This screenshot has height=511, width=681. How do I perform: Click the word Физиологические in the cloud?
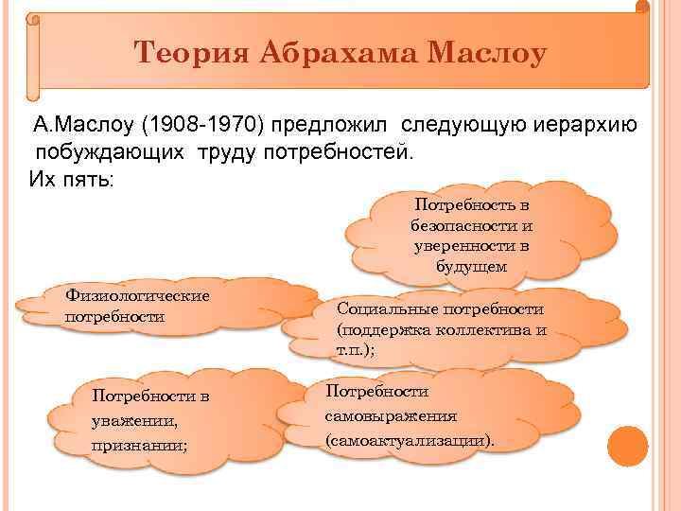click(x=138, y=296)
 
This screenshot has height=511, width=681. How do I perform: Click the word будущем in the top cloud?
click(x=471, y=267)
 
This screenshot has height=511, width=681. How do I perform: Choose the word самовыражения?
click(x=391, y=416)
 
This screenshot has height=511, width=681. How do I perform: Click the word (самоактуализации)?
click(x=410, y=441)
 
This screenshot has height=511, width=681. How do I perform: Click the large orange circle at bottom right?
click(x=626, y=445)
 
